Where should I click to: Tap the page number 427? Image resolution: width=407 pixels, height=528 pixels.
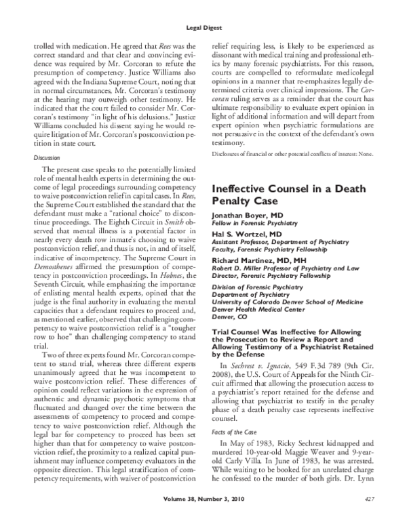coord(369,519)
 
